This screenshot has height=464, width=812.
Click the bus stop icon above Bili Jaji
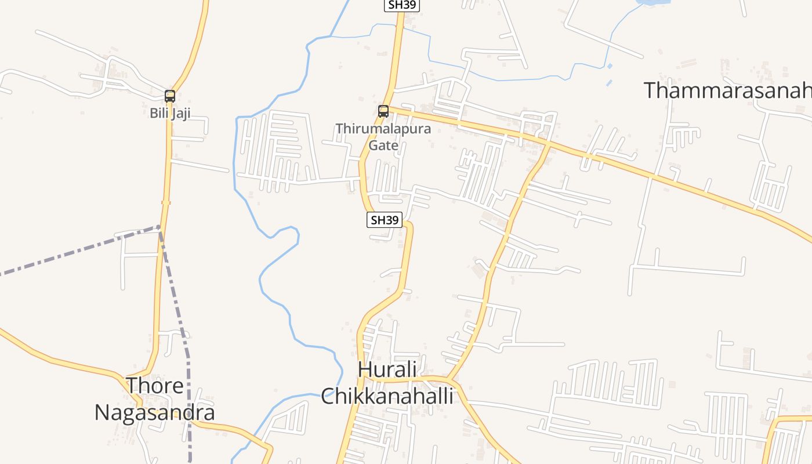(x=170, y=96)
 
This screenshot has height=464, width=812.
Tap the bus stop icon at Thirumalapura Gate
(x=383, y=111)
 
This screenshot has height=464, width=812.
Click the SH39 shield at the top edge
(x=402, y=5)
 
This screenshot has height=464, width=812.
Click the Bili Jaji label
(x=170, y=113)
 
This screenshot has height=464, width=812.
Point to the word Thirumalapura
(x=383, y=129)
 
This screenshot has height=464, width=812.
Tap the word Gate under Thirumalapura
(x=383, y=145)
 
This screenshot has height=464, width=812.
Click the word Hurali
(x=387, y=369)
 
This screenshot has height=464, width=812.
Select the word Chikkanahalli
(x=387, y=396)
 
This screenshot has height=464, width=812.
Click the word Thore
(x=155, y=386)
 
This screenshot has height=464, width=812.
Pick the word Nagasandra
(x=155, y=412)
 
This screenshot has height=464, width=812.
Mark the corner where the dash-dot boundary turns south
(x=159, y=227)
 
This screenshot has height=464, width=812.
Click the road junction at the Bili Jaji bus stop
(x=172, y=93)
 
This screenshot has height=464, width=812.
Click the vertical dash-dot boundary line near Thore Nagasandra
(x=189, y=394)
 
